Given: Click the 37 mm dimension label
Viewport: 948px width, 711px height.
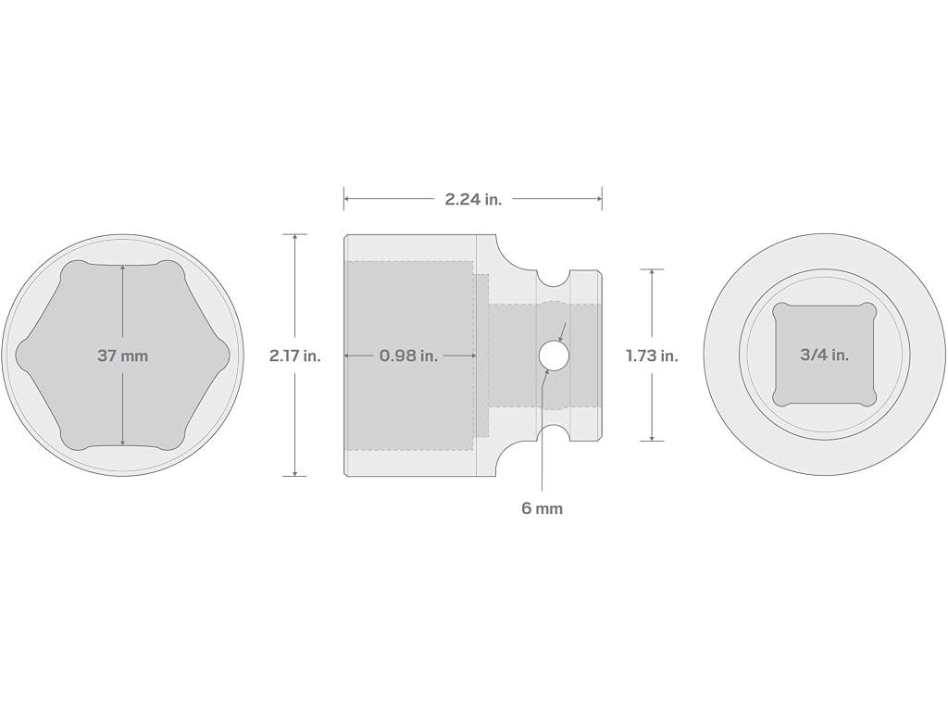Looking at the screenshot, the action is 123,355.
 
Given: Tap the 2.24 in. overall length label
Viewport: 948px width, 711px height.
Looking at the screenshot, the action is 473,199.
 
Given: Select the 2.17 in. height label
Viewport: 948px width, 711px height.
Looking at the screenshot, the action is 295,355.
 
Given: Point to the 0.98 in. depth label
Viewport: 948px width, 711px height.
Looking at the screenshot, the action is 408,355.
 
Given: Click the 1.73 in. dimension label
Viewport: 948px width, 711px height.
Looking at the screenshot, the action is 652,355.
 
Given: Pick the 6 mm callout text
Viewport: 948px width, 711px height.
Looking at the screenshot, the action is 542,508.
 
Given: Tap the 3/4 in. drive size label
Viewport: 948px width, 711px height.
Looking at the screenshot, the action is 824,355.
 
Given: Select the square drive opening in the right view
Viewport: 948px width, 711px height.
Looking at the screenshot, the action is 824,355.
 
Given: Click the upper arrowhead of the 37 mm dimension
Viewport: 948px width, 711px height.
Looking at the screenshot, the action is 123,268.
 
